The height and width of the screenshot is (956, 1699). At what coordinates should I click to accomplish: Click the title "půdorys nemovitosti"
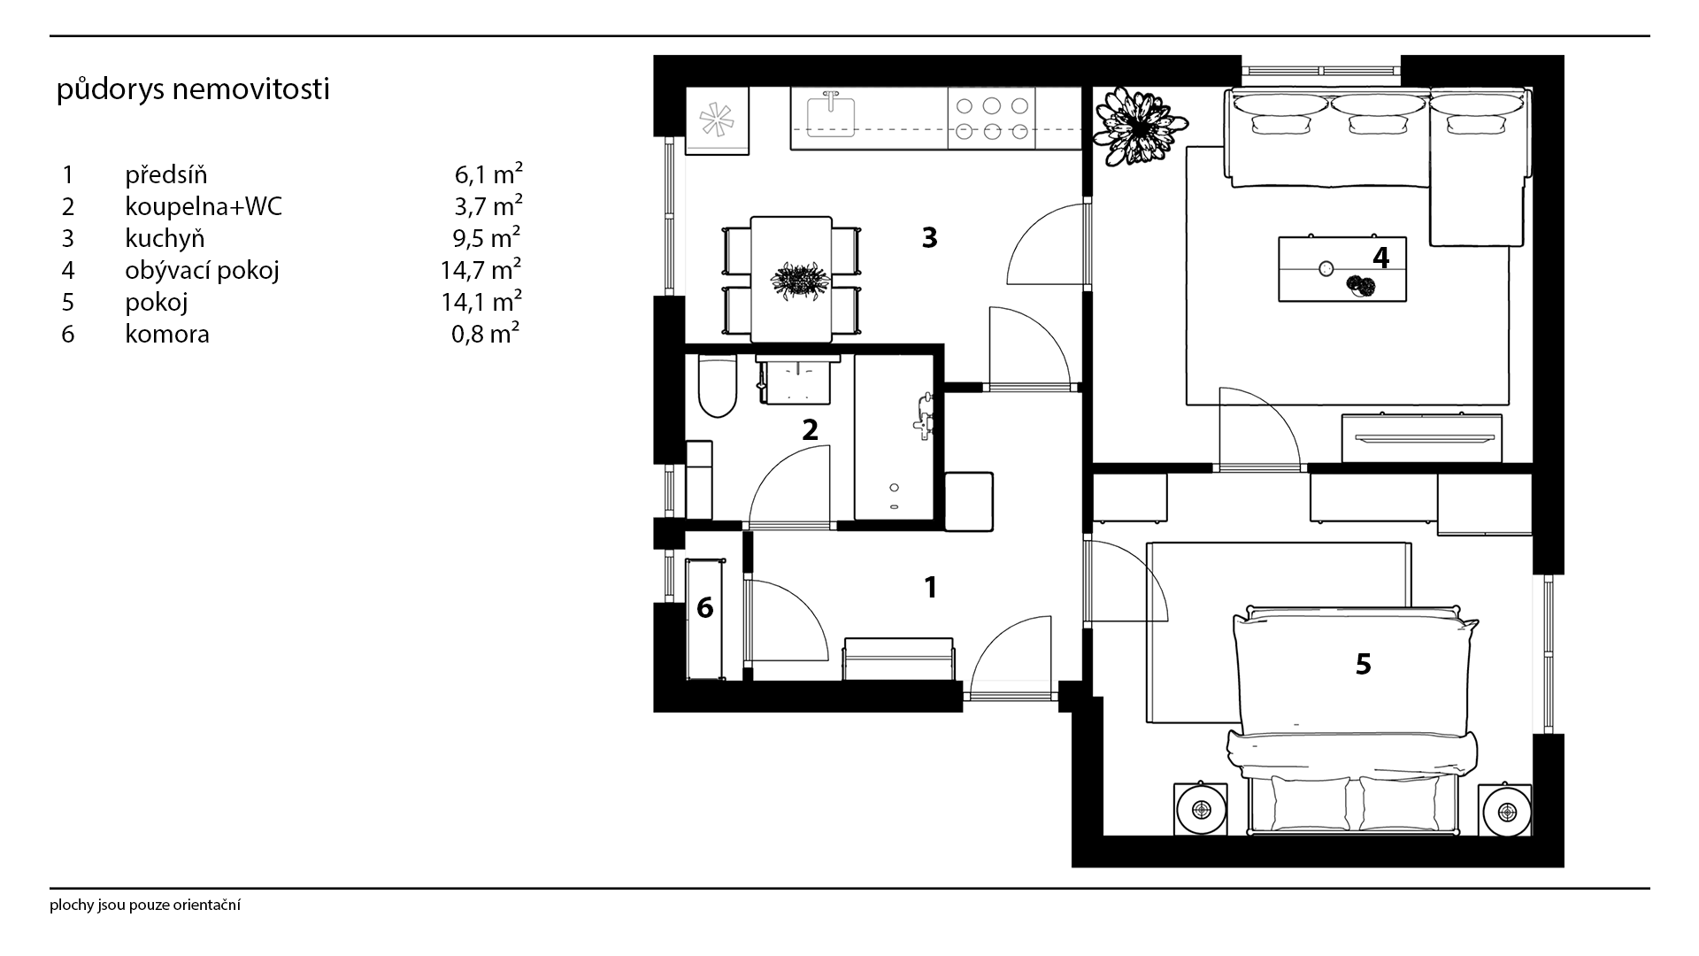[x=193, y=90]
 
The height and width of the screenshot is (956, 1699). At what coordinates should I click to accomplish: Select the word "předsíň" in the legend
[x=165, y=174]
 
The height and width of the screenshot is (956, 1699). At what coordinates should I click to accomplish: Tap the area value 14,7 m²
[x=480, y=269]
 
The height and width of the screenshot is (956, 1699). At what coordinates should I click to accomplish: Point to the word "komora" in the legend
[x=167, y=334]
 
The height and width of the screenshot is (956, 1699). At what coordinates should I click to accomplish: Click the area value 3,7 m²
[x=487, y=205]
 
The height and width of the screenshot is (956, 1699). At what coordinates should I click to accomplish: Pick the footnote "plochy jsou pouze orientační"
[x=146, y=906]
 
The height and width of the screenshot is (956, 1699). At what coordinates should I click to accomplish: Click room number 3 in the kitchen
[x=929, y=237]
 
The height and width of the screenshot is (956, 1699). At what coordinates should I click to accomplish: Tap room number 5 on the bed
[x=1363, y=664]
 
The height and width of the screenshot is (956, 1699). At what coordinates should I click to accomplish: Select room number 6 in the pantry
[x=705, y=608]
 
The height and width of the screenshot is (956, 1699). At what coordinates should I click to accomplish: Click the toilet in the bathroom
[x=717, y=386]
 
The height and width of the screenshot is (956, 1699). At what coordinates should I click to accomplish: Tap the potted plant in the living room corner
[x=1131, y=126]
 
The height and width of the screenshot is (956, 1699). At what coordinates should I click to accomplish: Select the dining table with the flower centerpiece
[x=791, y=279]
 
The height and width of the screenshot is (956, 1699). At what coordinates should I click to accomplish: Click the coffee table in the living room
[x=1342, y=269]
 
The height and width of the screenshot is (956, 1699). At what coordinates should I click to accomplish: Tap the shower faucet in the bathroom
[x=925, y=414]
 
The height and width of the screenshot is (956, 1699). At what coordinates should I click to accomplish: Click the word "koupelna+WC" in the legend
[x=204, y=206]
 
